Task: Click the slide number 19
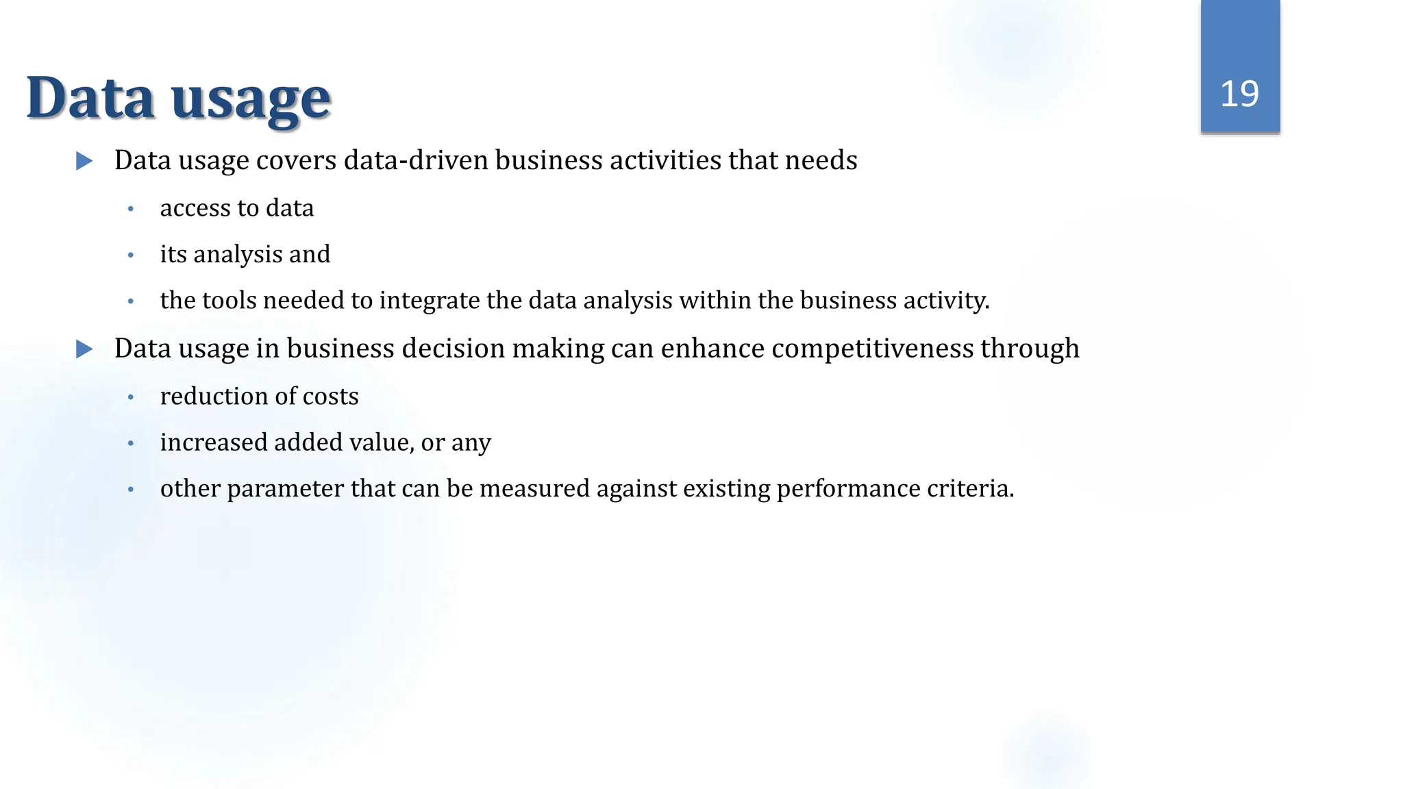coord(1239,94)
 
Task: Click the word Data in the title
coord(90,98)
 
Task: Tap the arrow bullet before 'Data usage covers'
coord(84,161)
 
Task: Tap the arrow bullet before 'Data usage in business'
coord(84,349)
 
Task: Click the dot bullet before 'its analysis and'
coord(131,255)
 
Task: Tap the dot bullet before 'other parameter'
coord(131,490)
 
